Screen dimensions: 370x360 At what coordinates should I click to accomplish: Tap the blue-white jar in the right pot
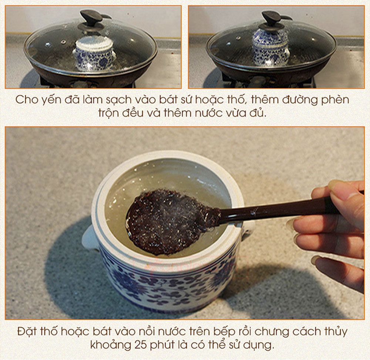coord(271,47)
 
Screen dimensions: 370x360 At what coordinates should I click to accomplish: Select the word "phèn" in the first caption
coord(335,100)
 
